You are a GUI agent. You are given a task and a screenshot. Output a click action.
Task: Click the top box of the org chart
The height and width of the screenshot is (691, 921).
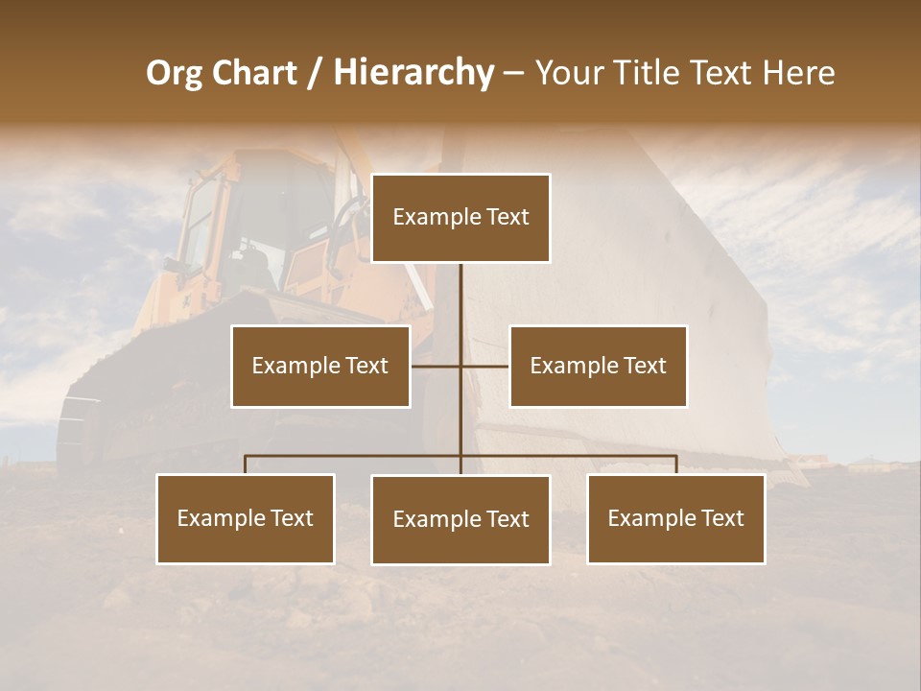click(x=460, y=218)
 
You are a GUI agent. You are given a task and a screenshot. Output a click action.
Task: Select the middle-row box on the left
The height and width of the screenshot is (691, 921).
click(x=320, y=366)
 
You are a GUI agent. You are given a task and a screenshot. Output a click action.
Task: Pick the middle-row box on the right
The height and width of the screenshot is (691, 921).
click(x=598, y=366)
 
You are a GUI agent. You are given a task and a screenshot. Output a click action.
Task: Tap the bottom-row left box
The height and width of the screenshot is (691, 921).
click(x=246, y=518)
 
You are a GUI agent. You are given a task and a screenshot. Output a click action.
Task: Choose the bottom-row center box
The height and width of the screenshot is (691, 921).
click(x=460, y=519)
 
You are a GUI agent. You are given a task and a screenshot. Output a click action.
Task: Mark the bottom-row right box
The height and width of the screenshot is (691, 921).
click(x=675, y=518)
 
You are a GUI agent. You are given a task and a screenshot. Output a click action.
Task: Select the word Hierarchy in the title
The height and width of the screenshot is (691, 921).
click(x=413, y=73)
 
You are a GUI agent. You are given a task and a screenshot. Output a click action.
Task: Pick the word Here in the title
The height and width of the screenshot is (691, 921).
click(x=798, y=73)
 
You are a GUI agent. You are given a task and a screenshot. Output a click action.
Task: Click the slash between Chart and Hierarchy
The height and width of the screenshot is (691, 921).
click(x=316, y=73)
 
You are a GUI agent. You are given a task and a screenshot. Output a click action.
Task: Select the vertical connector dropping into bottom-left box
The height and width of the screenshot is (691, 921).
click(x=246, y=465)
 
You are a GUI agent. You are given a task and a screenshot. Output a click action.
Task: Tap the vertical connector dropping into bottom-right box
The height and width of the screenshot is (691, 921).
click(x=676, y=465)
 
